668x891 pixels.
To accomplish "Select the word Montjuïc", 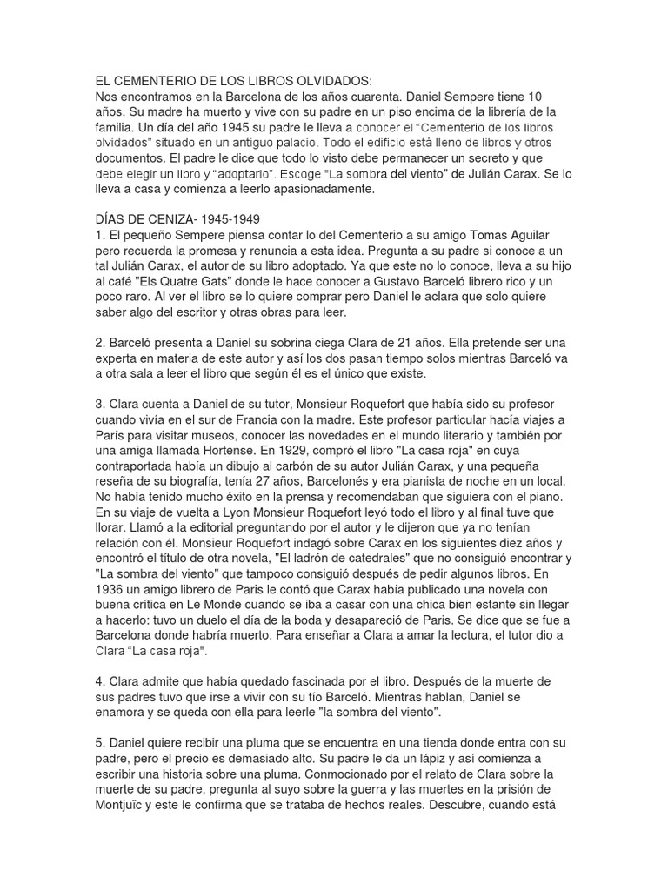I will coord(122,805).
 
